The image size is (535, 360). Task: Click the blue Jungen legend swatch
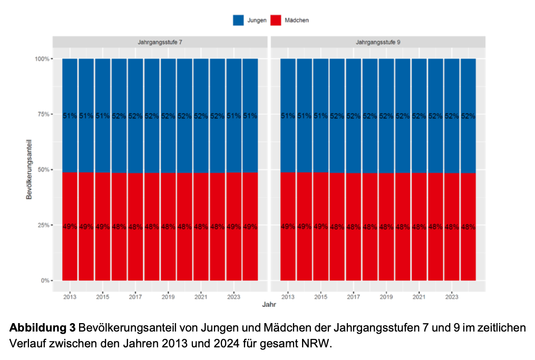pos(238,20)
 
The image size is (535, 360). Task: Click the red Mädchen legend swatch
pos(276,20)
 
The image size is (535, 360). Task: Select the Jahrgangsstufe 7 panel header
pos(160,41)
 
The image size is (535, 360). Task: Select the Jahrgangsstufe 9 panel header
pos(378,41)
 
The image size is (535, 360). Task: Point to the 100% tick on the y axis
pos(42,59)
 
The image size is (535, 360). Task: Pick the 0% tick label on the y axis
pos(45,280)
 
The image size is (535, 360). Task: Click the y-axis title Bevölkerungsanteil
pos(31,169)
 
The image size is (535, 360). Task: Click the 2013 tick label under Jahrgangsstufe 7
pos(70,297)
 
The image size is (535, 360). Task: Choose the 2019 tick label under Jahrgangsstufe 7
pos(168,297)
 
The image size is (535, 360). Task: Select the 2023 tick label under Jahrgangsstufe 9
pos(452,297)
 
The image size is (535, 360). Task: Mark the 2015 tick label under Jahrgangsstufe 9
pos(320,297)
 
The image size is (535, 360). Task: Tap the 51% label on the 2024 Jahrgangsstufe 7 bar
pos(250,116)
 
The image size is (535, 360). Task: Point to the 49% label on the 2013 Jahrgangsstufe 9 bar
pos(288,227)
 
